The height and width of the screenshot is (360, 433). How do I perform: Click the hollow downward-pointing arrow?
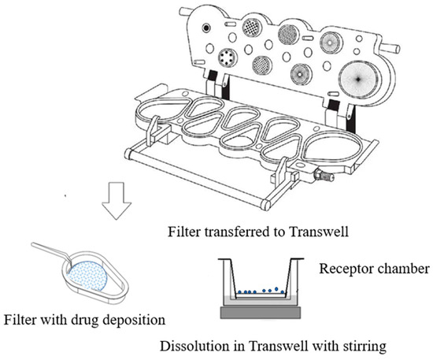tap(117, 201)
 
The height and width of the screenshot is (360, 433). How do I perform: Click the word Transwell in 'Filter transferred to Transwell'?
tap(319, 232)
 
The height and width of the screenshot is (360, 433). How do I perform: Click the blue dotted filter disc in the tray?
tap(88, 276)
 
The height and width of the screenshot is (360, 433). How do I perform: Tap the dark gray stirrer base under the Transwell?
tap(261, 312)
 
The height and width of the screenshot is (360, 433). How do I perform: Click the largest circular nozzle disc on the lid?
tap(358, 79)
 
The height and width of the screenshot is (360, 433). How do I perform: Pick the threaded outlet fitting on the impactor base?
tap(324, 175)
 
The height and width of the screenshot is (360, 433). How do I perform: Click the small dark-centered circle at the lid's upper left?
tap(205, 28)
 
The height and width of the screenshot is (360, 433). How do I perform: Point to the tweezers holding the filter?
tap(53, 253)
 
